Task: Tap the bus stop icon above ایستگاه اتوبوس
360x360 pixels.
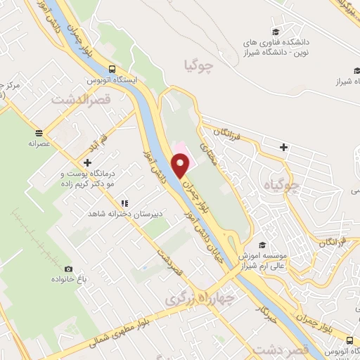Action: tap(112, 69)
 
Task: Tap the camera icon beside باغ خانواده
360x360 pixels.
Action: tap(68, 269)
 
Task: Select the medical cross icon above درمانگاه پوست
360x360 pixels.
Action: tap(87, 162)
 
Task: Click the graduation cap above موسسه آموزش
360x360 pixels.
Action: tap(262, 245)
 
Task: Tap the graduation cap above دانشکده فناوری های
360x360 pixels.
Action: tap(276, 32)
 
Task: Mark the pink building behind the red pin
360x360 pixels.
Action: tap(180, 148)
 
